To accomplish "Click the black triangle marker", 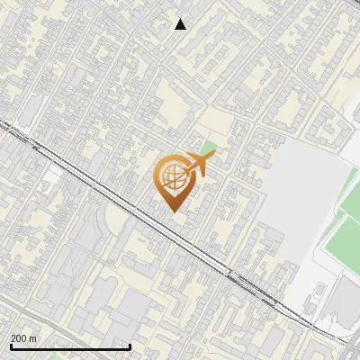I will (181, 24).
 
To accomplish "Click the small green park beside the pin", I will (209, 148).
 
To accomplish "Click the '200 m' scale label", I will (24, 337).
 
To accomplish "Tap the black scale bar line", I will (70, 346).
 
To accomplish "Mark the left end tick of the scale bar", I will (11, 345).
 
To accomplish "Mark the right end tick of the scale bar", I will (130, 345).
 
